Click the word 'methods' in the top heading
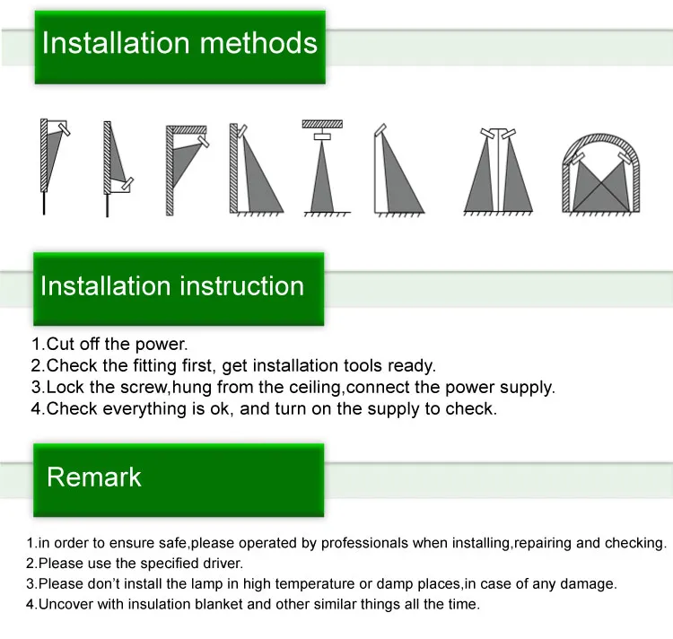pyautogui.click(x=258, y=43)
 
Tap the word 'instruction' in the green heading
pyautogui.click(x=242, y=285)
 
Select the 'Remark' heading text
pyautogui.click(x=94, y=477)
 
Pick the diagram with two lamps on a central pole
pyautogui.click(x=498, y=171)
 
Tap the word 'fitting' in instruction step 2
pyautogui.click(x=155, y=366)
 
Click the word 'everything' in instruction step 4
pyautogui.click(x=144, y=409)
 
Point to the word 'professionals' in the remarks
pyautogui.click(x=364, y=543)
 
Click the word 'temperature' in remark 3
pyautogui.click(x=315, y=584)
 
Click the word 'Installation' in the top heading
pyautogui.click(x=116, y=43)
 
